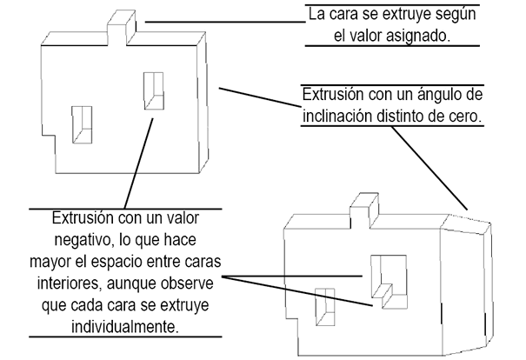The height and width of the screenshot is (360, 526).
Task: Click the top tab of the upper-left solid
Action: click(123, 26)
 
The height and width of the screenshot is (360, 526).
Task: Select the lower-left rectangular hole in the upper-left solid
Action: click(83, 123)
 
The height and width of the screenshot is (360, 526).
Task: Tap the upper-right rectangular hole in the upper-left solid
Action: click(154, 89)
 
